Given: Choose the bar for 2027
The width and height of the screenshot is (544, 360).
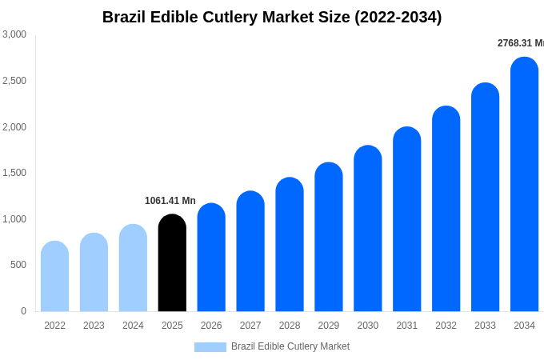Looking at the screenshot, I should coord(250,251).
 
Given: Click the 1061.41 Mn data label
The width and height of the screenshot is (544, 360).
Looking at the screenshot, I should coord(170,201).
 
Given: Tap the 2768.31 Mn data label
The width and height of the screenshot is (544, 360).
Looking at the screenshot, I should coord(520,43).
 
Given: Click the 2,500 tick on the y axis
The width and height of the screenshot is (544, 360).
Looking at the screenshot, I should coord(14,81).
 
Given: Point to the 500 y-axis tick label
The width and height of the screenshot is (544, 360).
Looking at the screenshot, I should coord(18,265).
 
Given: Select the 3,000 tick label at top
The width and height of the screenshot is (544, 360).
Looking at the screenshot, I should coord(14,34).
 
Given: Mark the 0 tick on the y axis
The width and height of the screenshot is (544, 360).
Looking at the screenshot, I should coord(23,311).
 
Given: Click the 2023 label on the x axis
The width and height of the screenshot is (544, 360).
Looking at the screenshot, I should coord(94,326).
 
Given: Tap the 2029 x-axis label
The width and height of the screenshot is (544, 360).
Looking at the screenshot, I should coord(329,326).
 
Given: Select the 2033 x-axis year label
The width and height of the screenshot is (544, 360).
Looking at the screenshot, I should coord(485,326).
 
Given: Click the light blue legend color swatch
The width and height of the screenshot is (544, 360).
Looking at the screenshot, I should coord(210,347).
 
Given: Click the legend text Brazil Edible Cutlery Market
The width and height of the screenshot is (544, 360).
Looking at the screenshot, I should coord(290,346).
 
